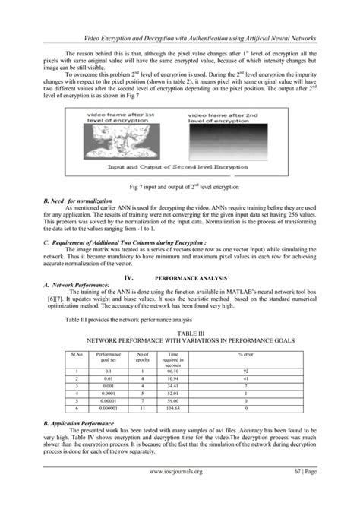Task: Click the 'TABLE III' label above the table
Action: [x=179, y=333]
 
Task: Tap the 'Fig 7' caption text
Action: [x=179, y=186]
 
